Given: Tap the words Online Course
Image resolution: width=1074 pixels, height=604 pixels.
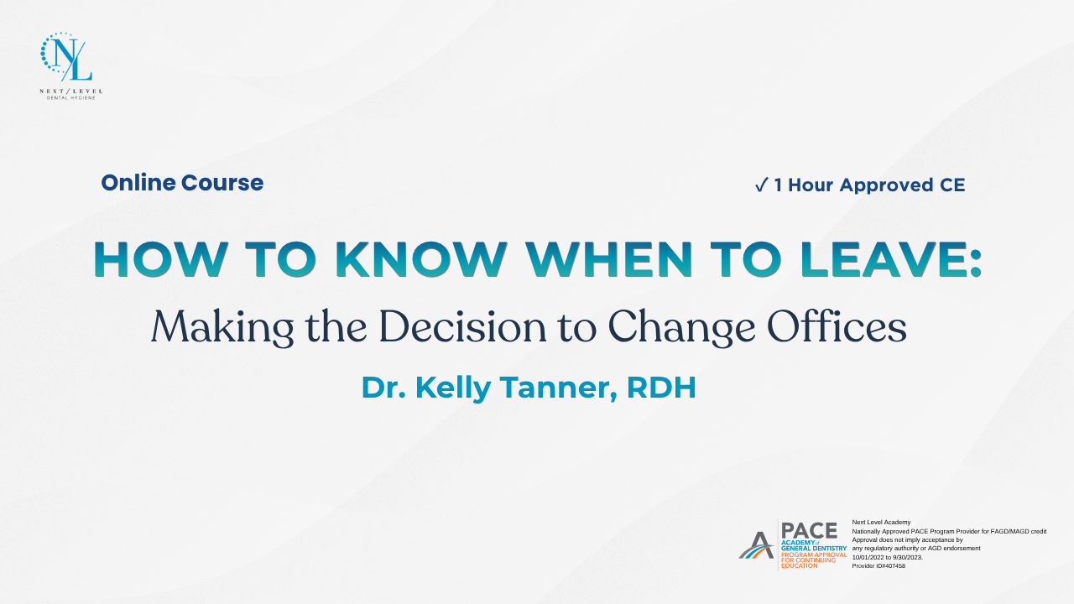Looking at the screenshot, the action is point(182,183).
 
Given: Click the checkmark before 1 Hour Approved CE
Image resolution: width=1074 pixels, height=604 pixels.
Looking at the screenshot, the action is point(761,185).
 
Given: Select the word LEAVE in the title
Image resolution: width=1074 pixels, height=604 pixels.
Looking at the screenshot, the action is point(881,259).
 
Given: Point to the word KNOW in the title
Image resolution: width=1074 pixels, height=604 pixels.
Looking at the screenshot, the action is point(421,259).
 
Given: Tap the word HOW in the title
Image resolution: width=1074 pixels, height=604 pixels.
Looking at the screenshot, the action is point(160,259).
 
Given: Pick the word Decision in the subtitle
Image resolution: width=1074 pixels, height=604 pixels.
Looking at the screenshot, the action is point(462,326).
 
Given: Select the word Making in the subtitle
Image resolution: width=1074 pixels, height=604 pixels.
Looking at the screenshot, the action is point(222,328).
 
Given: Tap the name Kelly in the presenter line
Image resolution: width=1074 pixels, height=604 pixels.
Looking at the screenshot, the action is point(453,388).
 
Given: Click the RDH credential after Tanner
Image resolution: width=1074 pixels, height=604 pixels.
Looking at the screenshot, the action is point(661,388).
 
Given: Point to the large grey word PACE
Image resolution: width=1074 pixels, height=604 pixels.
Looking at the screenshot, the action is point(810,531).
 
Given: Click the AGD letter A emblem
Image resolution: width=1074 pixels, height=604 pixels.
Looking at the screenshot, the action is point(757,545).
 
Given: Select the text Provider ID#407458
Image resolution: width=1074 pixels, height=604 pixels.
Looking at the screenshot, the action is point(878,566).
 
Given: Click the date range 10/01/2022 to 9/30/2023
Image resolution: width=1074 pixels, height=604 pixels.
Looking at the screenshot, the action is point(888,558).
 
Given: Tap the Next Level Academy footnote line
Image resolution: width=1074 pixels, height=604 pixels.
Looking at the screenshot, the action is point(881,522).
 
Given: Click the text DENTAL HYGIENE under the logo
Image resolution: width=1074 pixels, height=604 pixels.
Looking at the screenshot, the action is point(71,98).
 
